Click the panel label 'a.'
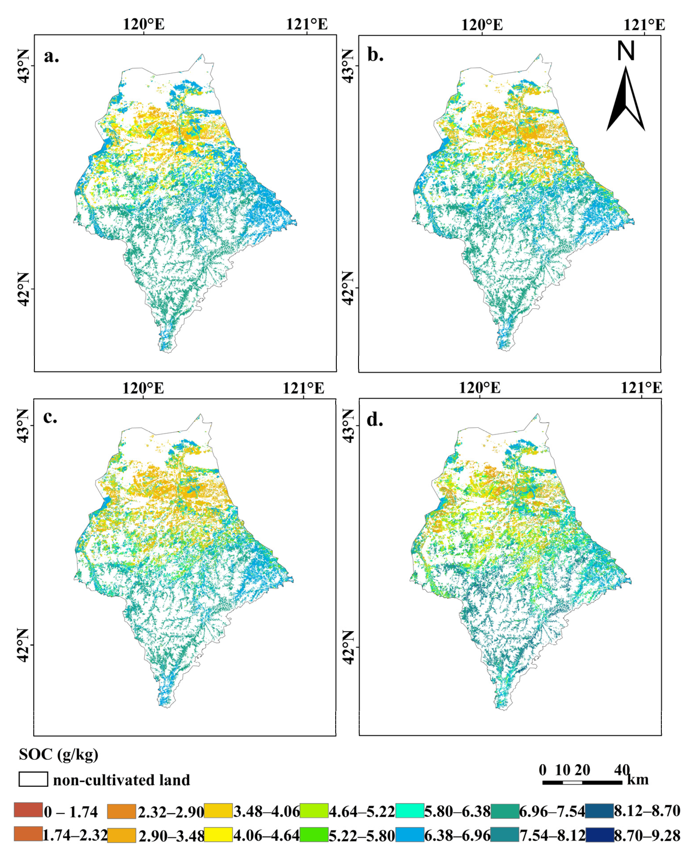click(51, 56)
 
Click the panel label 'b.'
click(375, 55)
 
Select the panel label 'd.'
click(375, 419)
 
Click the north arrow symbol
click(625, 100)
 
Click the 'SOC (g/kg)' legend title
click(58, 754)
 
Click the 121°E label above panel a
click(307, 24)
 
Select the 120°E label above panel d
click(479, 388)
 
